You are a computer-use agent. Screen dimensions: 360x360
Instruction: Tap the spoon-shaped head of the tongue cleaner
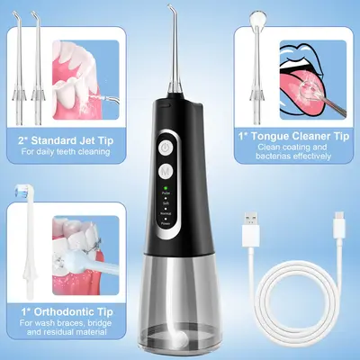[x=260, y=13]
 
